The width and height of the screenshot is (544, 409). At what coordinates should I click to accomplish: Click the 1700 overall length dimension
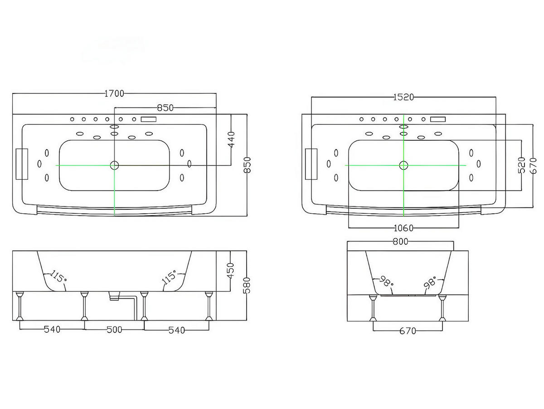click(114, 94)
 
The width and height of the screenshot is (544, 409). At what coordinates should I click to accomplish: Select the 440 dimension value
click(231, 139)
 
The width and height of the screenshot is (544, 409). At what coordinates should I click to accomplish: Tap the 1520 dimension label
click(403, 98)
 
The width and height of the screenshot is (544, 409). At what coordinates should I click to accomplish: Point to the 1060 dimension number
click(403, 228)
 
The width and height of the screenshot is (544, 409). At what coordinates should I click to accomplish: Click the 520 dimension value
click(521, 165)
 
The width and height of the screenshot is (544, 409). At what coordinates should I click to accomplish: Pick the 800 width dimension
click(401, 241)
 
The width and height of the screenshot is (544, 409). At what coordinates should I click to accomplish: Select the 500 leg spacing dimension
click(114, 330)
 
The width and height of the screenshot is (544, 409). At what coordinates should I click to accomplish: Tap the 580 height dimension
click(247, 285)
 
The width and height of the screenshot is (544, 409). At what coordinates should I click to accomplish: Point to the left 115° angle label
click(58, 276)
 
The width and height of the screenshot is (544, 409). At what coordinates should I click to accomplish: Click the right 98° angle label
click(430, 282)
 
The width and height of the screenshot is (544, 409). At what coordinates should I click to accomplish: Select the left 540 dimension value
click(52, 330)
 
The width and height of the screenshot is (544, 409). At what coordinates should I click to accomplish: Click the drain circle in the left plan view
click(114, 165)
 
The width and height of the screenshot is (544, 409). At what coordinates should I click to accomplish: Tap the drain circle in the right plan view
click(403, 165)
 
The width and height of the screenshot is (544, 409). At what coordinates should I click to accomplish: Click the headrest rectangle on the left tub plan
click(22, 164)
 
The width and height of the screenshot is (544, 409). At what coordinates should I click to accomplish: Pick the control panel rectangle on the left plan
click(149, 120)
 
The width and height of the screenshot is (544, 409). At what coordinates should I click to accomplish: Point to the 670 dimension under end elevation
click(408, 331)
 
